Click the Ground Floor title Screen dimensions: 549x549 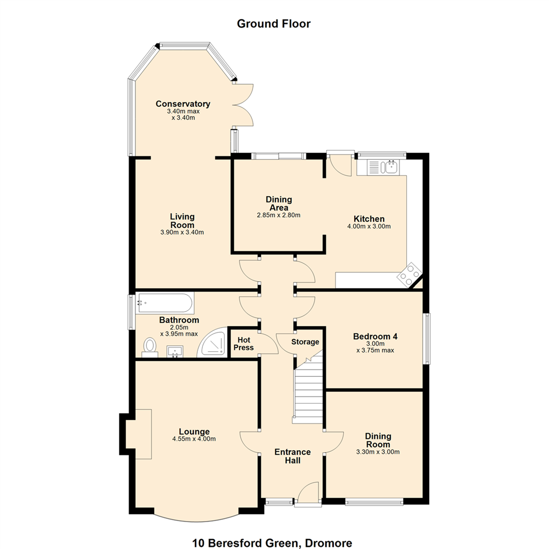274,24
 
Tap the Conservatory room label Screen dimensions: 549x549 183,104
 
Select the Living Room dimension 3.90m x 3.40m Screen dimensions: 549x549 182,232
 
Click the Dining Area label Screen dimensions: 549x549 279,203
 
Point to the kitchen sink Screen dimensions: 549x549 383,167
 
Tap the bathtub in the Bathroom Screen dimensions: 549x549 165,303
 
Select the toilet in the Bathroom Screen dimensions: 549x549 150,347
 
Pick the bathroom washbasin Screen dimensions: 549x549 175,352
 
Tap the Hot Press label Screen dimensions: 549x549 243,344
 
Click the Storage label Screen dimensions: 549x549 306,342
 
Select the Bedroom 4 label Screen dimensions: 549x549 375,337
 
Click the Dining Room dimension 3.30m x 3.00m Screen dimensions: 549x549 378,452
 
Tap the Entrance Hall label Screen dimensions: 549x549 292,456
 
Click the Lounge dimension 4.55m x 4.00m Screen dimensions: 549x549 194,439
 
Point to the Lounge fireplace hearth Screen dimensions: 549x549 139,434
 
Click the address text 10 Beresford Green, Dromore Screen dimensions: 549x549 272,543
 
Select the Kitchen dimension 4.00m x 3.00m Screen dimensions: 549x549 369,226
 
